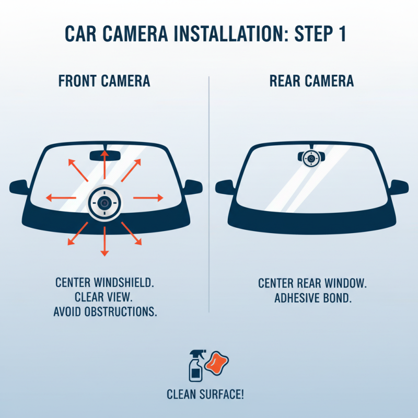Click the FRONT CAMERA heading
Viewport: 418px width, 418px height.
pyautogui.click(x=104, y=81)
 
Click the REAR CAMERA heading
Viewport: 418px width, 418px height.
pyautogui.click(x=311, y=81)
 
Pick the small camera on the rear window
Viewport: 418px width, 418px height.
pyautogui.click(x=311, y=157)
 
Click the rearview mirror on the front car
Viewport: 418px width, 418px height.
pyautogui.click(x=105, y=155)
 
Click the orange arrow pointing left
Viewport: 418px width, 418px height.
pyautogui.click(x=60, y=198)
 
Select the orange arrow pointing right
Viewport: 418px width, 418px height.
pyautogui.click(x=148, y=198)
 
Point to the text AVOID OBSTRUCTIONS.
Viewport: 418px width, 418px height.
pyautogui.click(x=106, y=312)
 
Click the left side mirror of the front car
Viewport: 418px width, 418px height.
pyautogui.click(x=19, y=187)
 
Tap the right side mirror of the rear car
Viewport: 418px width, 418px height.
pyautogui.click(x=399, y=187)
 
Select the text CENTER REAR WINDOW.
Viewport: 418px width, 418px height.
pyautogui.click(x=312, y=284)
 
